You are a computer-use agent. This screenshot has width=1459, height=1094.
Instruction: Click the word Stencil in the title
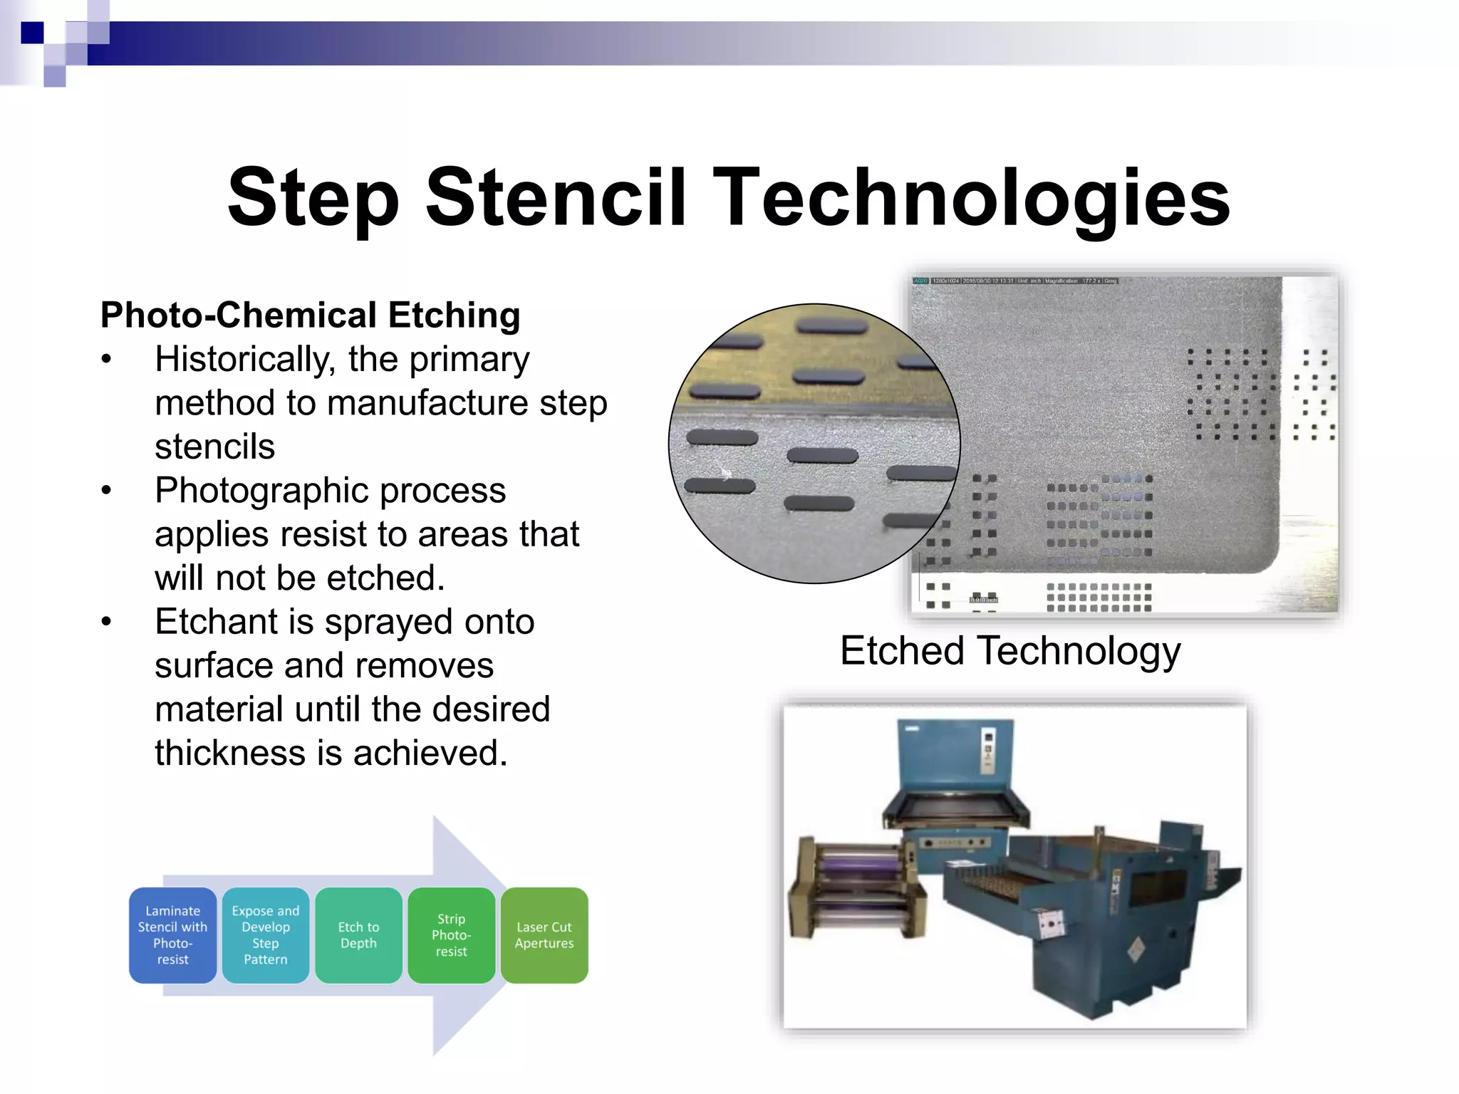(x=556, y=197)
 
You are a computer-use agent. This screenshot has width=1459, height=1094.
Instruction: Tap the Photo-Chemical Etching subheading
(x=310, y=315)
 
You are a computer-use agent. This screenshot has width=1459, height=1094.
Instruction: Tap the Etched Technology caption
(x=1009, y=650)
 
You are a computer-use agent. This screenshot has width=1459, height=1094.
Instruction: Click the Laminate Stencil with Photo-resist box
(x=172, y=935)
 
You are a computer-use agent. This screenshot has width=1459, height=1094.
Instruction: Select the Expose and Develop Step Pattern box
(x=265, y=935)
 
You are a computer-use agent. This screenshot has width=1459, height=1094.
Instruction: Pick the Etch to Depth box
(x=358, y=935)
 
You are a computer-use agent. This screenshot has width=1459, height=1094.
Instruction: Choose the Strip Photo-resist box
(x=451, y=935)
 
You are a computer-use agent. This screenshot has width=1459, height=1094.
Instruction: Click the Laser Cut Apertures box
(x=544, y=935)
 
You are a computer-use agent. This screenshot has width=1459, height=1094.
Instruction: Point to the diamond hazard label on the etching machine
(x=1136, y=949)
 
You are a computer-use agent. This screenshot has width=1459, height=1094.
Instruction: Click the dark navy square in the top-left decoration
(x=32, y=33)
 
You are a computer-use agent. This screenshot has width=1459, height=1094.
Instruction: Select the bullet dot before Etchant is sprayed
(x=106, y=622)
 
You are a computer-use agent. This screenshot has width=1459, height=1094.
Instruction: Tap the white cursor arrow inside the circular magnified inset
(x=725, y=472)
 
